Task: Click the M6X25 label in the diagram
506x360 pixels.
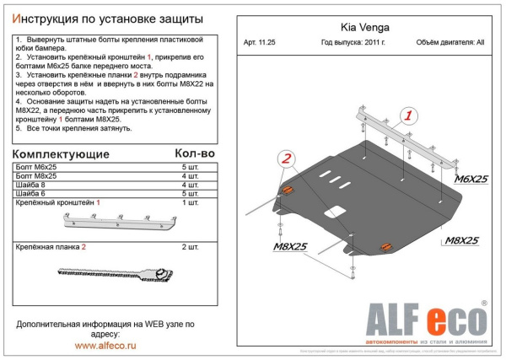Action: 471,180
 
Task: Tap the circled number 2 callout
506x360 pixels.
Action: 287,159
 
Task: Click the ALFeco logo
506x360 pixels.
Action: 425,321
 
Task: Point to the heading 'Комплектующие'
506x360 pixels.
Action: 62,155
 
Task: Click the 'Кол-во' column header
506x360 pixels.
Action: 195,154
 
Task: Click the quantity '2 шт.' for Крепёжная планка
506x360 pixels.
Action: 191,247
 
